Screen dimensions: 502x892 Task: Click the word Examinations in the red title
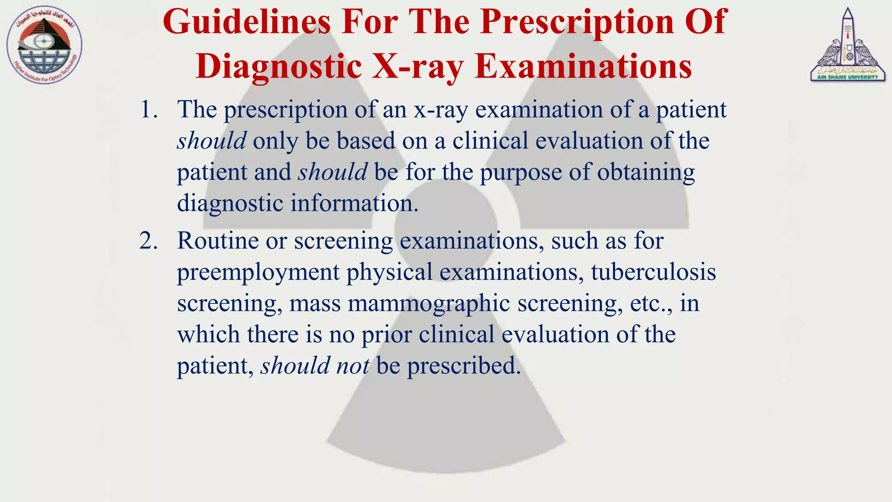tap(583, 67)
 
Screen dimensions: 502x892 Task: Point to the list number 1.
tap(149, 109)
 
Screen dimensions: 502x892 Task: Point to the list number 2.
tap(149, 241)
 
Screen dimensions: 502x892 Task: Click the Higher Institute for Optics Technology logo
tap(44, 45)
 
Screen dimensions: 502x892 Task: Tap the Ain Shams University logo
tap(847, 45)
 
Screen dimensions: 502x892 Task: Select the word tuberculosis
tap(653, 272)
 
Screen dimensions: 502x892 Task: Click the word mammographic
tap(429, 304)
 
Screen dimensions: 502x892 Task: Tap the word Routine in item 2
tap(218, 241)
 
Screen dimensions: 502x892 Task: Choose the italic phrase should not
tap(315, 366)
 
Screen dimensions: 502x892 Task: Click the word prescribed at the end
tap(464, 366)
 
